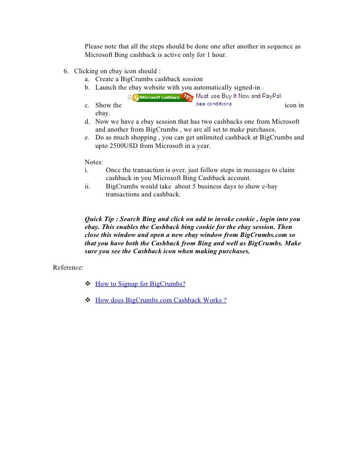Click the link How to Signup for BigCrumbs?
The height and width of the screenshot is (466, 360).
140,284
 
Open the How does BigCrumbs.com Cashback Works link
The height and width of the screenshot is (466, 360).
161,300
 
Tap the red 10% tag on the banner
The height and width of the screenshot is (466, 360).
188,97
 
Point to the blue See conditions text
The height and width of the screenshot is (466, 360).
214,104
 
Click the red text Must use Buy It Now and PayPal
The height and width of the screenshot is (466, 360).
239,95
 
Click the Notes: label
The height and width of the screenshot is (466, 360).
94,162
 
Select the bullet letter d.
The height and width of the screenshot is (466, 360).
87,122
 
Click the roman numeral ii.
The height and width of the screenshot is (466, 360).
88,186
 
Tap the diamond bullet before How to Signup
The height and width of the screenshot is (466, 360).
88,284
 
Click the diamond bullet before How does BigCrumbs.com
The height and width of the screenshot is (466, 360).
88,300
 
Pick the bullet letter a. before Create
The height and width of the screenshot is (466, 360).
87,79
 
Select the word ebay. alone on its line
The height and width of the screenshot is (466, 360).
103,113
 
